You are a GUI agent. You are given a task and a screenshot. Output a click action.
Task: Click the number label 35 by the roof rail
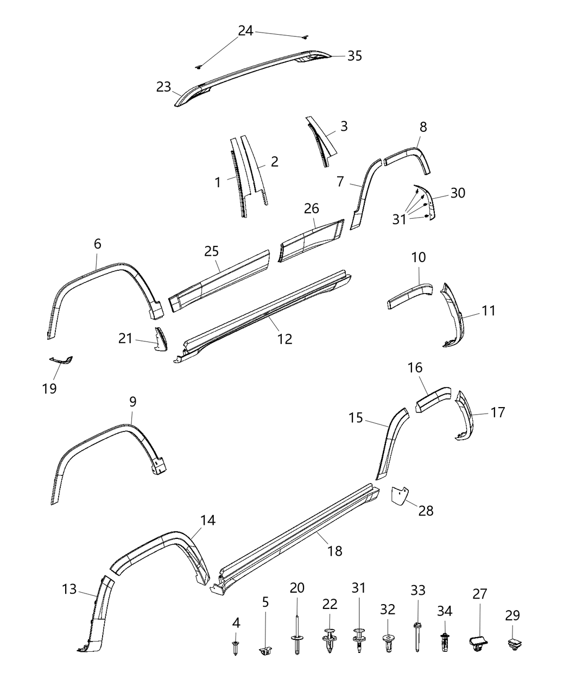[x=354, y=56]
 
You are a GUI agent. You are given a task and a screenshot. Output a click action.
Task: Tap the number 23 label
[x=163, y=87]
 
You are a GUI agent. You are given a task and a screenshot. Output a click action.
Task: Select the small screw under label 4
[x=236, y=647]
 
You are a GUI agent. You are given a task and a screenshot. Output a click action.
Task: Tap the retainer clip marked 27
[x=477, y=643]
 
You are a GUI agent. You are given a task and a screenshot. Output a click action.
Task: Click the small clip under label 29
[x=513, y=644]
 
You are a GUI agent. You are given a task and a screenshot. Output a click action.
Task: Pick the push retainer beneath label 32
[x=388, y=644]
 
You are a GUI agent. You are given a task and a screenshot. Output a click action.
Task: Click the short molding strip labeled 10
[x=409, y=294]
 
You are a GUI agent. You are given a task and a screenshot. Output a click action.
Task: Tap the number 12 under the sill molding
[x=284, y=339]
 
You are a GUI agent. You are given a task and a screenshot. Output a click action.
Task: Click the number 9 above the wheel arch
[x=132, y=402]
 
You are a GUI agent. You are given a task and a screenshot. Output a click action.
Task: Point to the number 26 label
[x=312, y=208]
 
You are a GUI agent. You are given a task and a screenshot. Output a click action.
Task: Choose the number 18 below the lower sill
[x=335, y=551]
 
